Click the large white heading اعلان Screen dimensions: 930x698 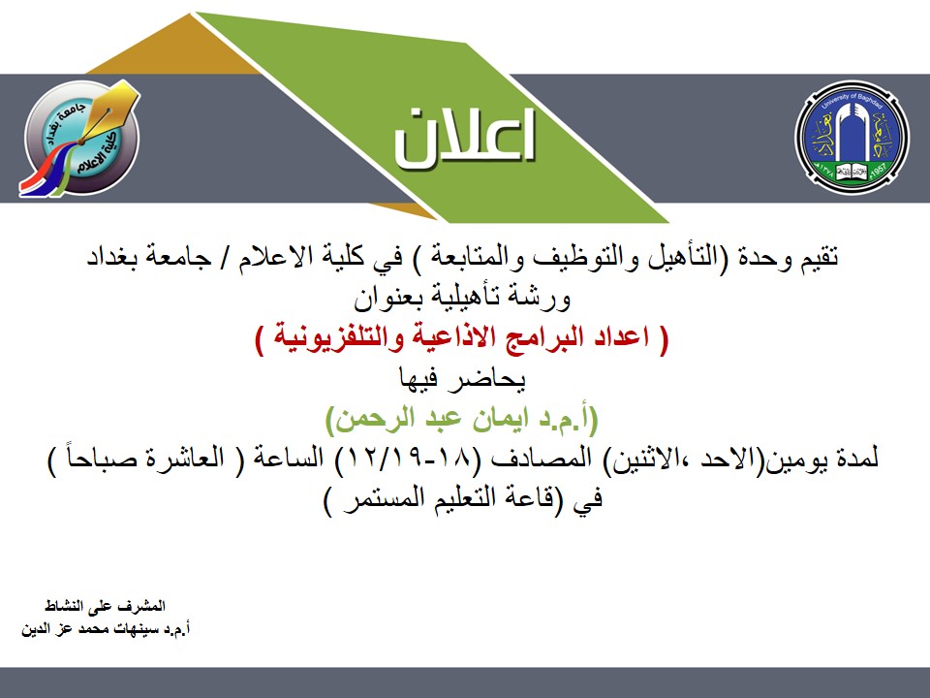465,137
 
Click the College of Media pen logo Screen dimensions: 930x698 80,139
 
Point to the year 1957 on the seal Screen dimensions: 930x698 877,171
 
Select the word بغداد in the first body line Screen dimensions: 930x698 110,258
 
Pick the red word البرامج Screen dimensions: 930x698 531,338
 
